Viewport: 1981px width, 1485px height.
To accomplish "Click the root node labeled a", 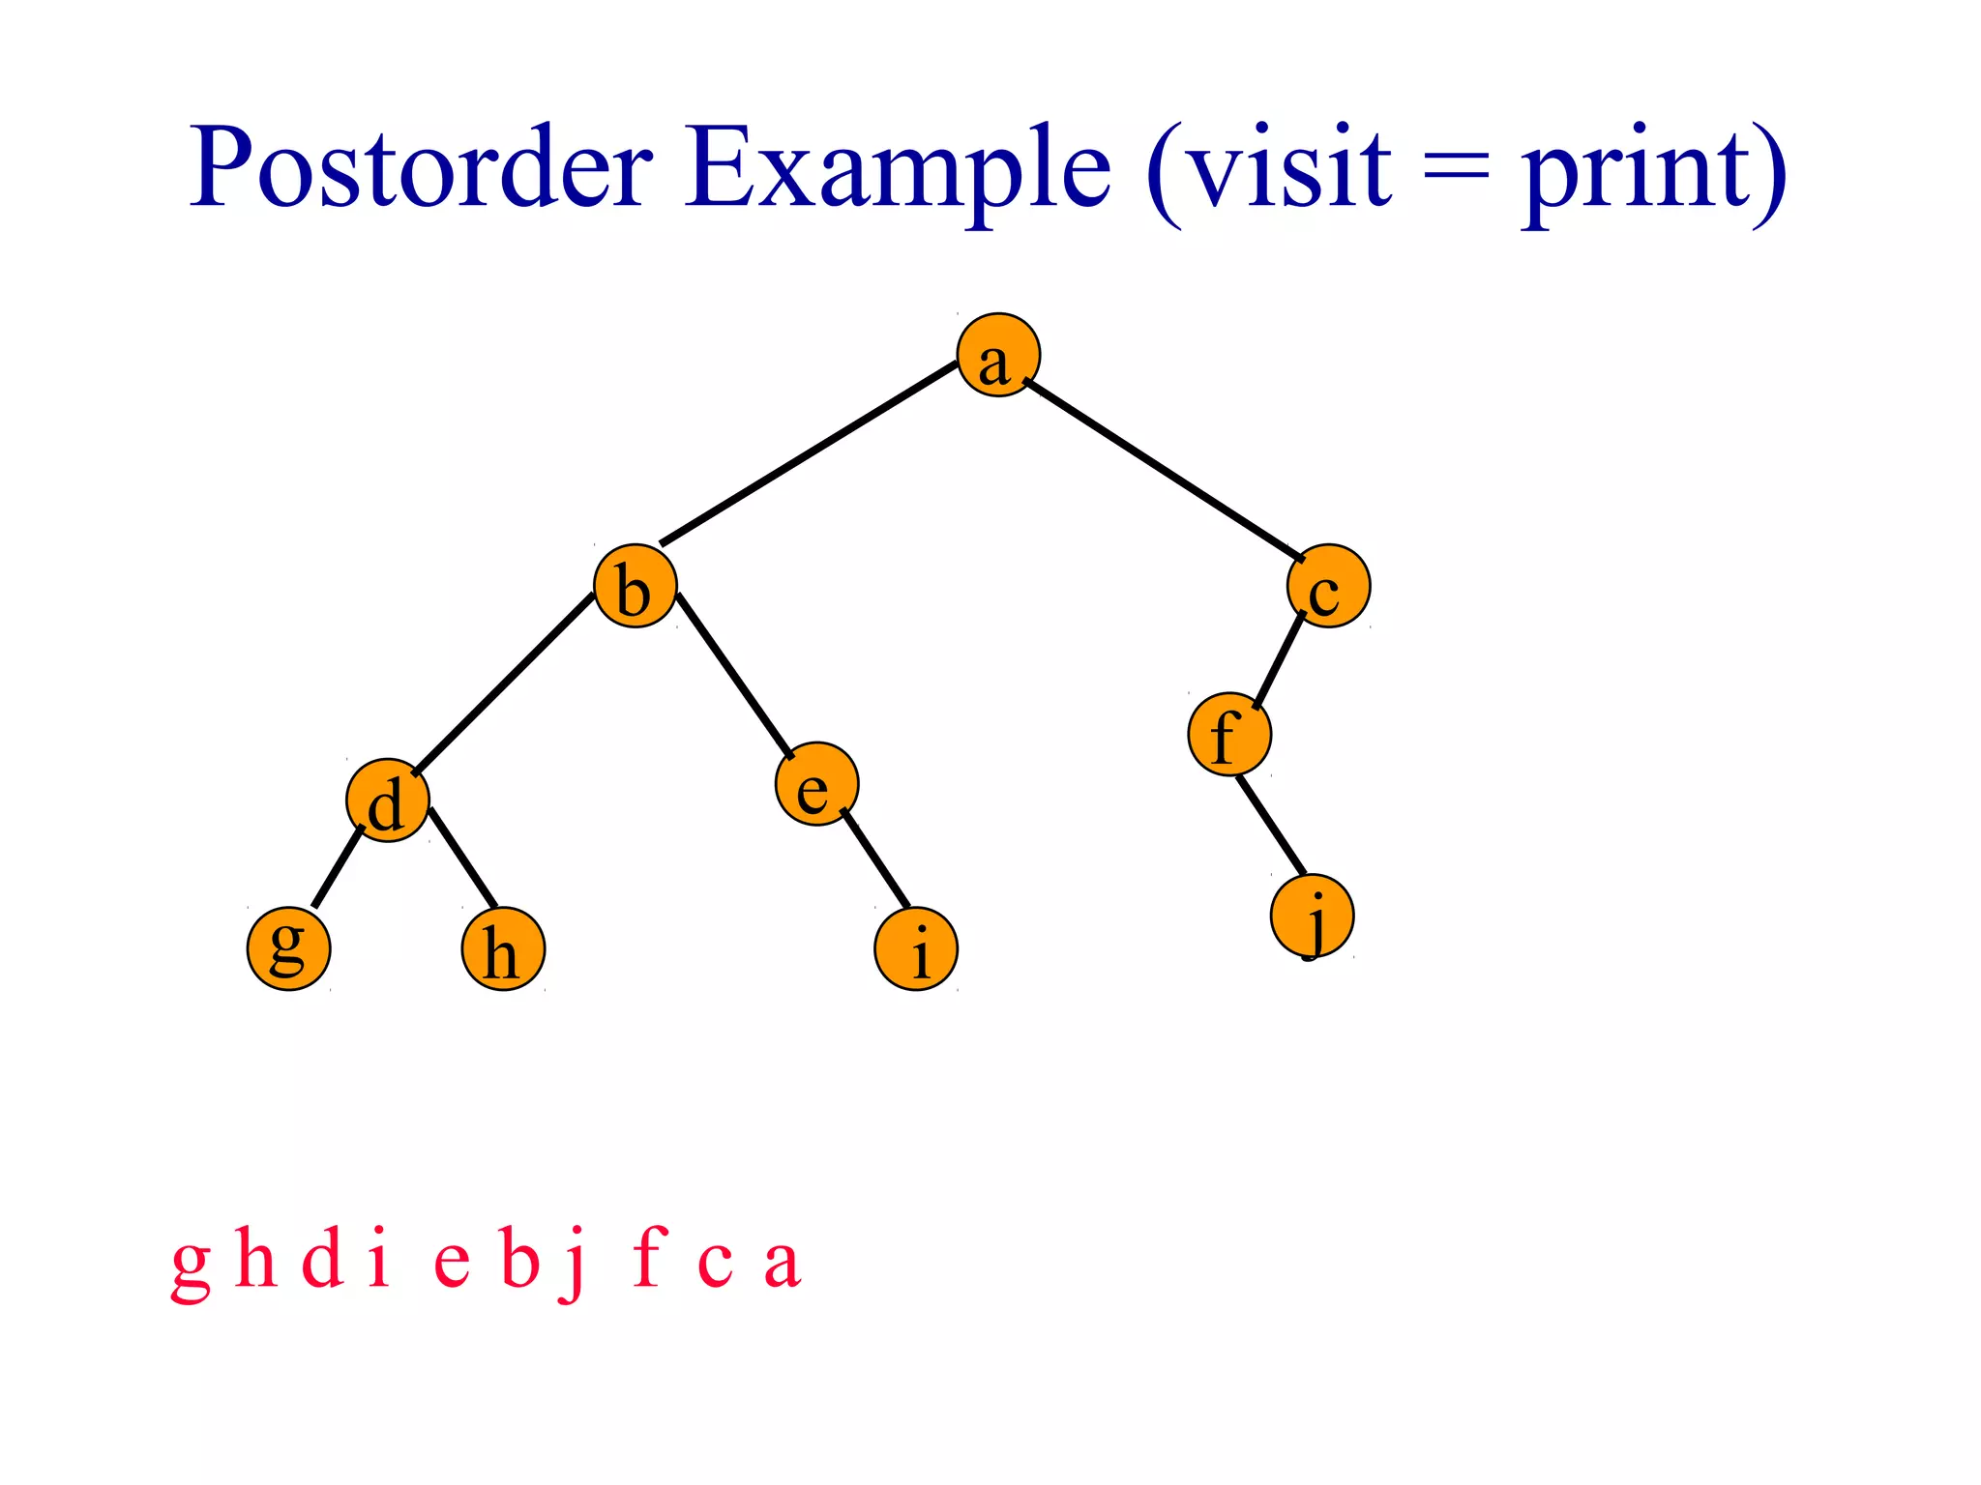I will tap(998, 356).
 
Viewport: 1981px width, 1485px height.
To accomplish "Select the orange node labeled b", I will tap(636, 586).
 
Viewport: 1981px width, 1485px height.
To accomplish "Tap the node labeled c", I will tap(1329, 586).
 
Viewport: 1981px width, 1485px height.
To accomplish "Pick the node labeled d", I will tap(388, 801).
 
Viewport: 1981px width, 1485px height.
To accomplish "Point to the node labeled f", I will tap(1229, 735).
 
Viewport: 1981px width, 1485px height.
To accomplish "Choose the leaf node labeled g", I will tap(288, 948).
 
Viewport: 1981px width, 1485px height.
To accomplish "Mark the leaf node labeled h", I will tap(503, 948).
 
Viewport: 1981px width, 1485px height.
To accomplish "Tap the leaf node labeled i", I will tap(916, 948).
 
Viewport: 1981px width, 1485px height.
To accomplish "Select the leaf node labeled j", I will tap(1313, 916).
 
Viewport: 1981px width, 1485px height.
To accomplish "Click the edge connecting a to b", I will tap(809, 452).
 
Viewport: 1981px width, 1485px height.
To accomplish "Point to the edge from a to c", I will tap(1164, 471).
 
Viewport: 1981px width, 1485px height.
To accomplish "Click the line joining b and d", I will tap(503, 683).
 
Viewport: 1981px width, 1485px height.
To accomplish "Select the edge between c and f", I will tap(1279, 660).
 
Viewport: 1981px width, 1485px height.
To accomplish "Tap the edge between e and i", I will tap(875, 859).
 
